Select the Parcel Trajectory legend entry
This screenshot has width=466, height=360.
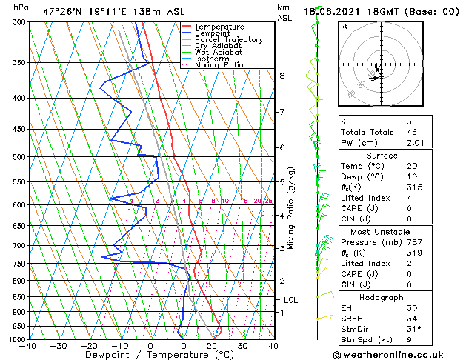228,40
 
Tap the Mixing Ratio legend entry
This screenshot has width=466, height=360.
219,65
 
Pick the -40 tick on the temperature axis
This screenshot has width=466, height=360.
28,345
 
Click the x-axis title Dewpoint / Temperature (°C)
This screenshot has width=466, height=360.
150,355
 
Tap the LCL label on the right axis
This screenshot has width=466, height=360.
290,300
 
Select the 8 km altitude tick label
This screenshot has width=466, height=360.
282,76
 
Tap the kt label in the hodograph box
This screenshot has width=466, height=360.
344,27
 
